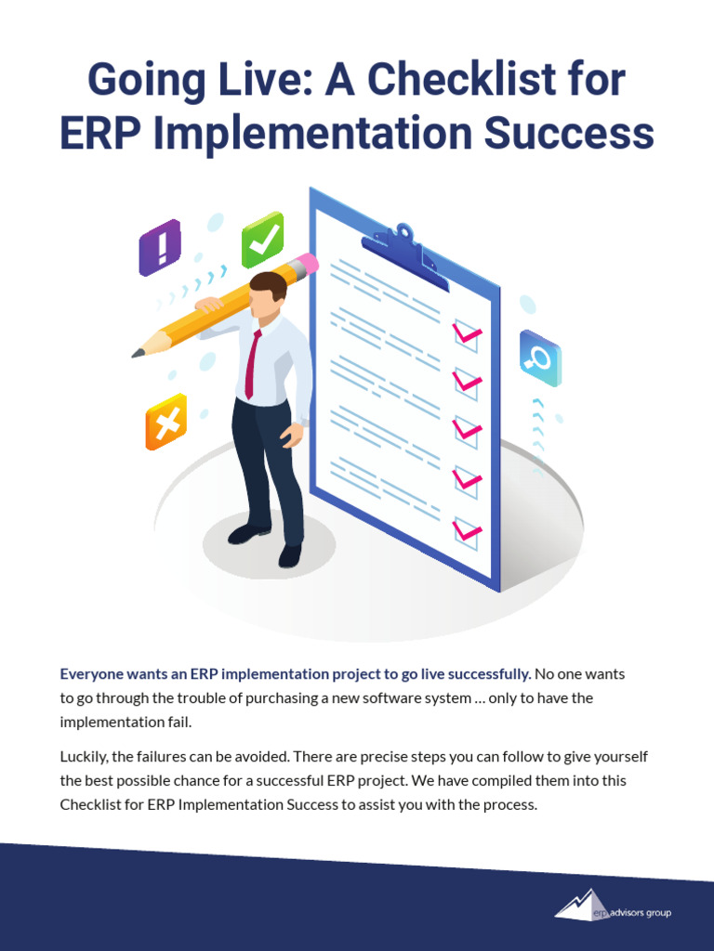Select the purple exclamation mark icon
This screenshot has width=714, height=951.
tap(160, 248)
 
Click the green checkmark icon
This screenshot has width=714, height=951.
tap(263, 240)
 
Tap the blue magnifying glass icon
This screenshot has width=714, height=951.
tap(539, 358)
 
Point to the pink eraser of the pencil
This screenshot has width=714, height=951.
tap(308, 264)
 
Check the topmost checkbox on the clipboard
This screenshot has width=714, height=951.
tap(466, 333)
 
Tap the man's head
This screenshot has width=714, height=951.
tap(268, 294)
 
